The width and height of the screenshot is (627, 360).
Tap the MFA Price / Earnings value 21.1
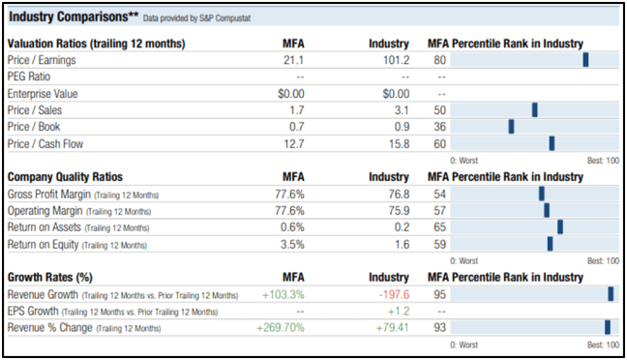293,60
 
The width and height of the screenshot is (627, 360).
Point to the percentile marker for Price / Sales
534,110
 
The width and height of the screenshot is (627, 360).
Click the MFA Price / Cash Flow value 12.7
291,143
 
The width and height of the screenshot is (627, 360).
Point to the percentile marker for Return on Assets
559,227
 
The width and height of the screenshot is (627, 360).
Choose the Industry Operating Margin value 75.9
396,211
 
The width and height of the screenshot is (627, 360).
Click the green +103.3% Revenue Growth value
283,294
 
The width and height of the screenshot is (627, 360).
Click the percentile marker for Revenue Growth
611,294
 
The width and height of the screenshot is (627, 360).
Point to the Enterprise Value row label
45,94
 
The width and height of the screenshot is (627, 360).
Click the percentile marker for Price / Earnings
585,60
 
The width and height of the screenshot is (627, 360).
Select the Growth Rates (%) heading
50,279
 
